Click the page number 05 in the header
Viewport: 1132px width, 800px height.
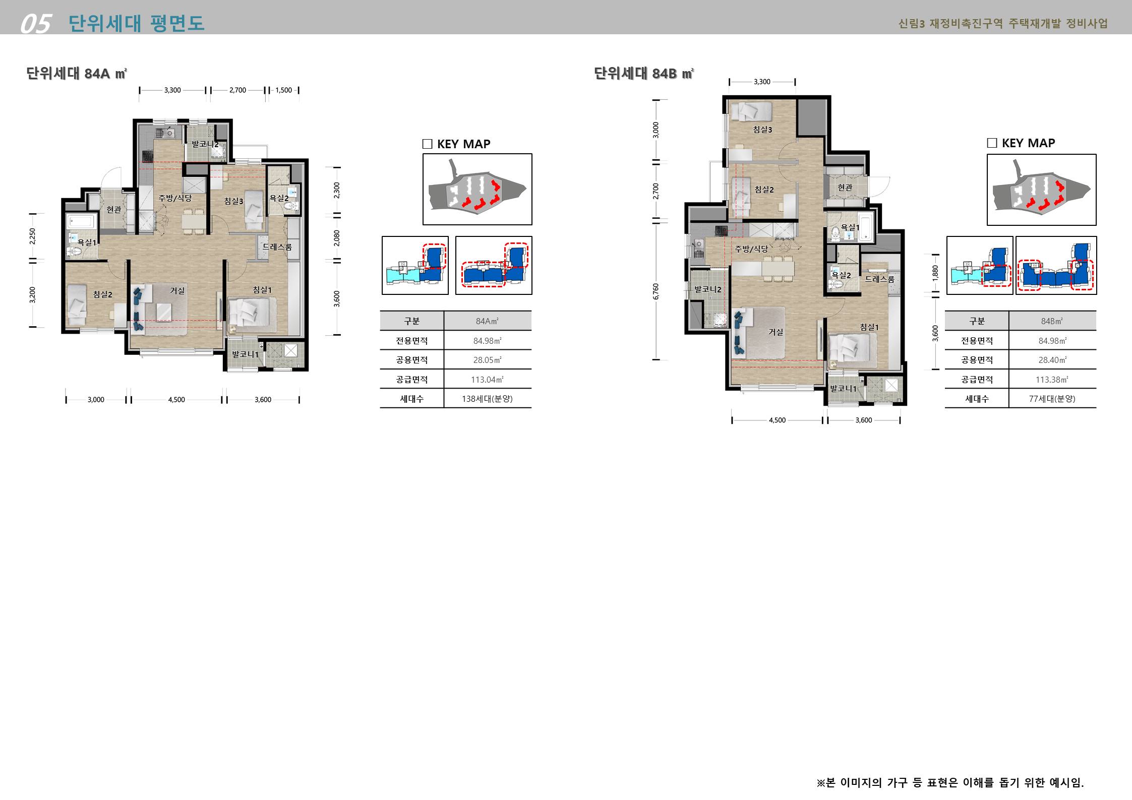[36, 24]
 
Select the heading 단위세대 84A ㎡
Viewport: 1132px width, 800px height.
[77, 74]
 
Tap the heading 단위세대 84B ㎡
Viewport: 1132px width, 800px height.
[644, 74]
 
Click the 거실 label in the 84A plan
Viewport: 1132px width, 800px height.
[177, 291]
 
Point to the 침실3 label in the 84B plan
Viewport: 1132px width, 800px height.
[762, 130]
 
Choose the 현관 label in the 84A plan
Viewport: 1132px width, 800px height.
[114, 209]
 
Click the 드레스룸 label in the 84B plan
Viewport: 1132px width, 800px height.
[880, 279]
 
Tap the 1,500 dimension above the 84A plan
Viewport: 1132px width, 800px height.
[284, 90]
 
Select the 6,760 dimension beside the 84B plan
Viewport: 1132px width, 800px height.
[656, 291]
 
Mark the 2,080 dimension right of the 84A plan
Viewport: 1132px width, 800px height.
[337, 238]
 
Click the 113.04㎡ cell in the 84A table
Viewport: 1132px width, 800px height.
[487, 380]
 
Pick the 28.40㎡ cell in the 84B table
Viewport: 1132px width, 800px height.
[1052, 360]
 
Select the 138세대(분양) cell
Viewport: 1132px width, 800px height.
[487, 399]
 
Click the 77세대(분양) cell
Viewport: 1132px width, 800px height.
[1052, 399]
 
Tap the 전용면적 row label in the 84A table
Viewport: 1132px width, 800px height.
[411, 341]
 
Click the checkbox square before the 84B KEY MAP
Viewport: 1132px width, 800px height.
[992, 143]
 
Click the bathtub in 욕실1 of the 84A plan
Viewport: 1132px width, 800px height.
[82, 221]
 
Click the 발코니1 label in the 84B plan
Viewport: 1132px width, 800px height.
[843, 389]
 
